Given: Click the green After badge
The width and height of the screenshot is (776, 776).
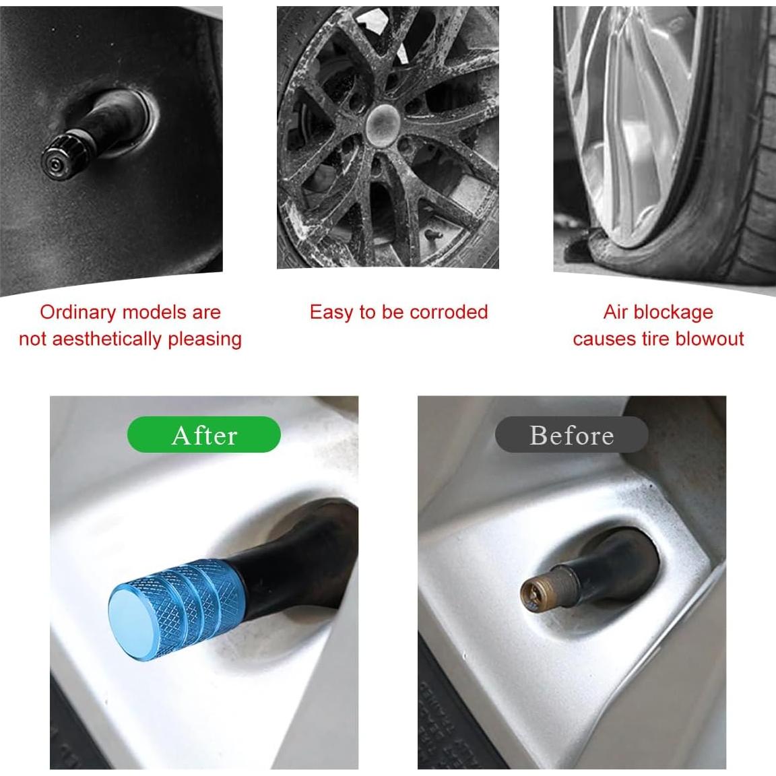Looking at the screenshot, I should (204, 434).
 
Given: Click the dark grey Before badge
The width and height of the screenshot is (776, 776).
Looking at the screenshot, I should (571, 434).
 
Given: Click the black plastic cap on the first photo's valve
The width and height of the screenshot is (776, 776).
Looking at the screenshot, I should (63, 154).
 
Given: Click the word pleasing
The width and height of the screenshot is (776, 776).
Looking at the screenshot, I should (205, 339).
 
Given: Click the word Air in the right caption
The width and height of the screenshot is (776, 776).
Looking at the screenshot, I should (616, 313).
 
